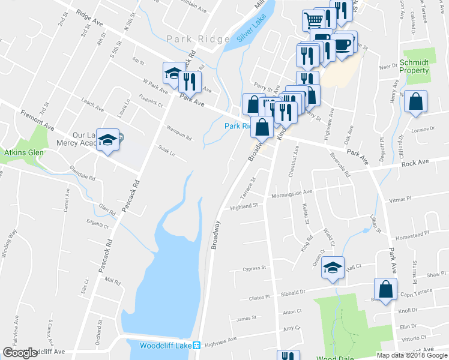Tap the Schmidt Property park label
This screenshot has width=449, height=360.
click(x=414, y=66)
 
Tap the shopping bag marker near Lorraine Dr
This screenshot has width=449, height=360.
click(x=415, y=102)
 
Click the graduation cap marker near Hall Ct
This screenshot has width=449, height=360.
click(x=332, y=268)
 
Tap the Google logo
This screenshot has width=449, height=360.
click(x=20, y=353)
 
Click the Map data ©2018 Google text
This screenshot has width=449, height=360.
click(x=412, y=355)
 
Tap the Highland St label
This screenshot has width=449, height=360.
click(x=244, y=206)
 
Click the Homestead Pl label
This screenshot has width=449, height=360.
click(x=414, y=234)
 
